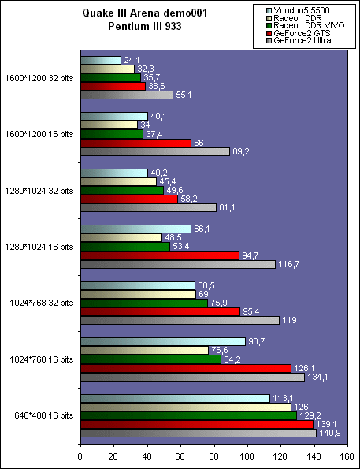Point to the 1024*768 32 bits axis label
40,303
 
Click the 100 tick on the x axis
247,455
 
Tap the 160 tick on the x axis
347,455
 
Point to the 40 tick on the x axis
147,455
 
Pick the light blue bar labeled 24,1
100,60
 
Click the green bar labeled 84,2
150,359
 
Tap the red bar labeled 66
135,143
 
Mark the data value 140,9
330,434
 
